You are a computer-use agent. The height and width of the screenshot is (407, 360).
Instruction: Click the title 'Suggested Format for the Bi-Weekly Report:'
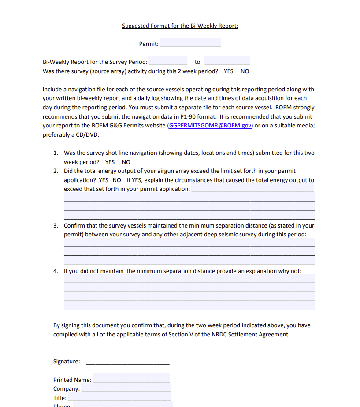[180, 26]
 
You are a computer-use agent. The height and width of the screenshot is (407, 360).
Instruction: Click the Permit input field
[190, 43]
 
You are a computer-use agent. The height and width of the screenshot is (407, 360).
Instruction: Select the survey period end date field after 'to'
[227, 61]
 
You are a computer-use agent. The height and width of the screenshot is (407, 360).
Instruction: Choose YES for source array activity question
[229, 71]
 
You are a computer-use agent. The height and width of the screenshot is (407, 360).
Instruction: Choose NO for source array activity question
[245, 71]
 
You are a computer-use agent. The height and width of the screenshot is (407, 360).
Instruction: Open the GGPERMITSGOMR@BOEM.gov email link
[210, 125]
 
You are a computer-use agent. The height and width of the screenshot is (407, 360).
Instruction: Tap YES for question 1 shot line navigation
[110, 162]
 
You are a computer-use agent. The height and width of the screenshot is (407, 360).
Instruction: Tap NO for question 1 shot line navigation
[126, 162]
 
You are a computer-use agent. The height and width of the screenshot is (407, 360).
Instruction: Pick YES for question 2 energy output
[104, 180]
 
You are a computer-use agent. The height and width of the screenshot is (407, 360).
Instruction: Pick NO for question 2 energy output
[117, 180]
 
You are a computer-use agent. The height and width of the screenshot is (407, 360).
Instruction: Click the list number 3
[56, 225]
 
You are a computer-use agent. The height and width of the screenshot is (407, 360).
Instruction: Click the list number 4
[56, 271]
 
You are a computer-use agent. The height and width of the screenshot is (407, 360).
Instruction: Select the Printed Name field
[131, 379]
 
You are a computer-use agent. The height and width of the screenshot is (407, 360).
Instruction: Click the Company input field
[126, 388]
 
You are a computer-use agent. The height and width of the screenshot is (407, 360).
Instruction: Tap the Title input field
[119, 398]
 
